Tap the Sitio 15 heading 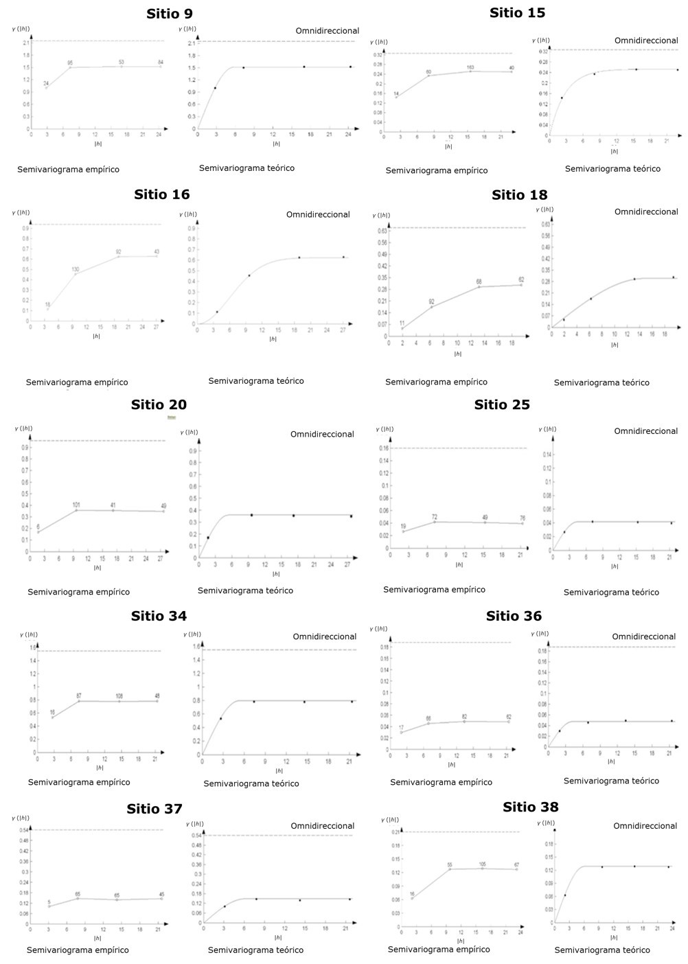click(x=517, y=12)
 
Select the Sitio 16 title click(x=162, y=194)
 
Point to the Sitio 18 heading click(x=519, y=195)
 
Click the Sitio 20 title click(x=159, y=404)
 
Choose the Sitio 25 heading click(x=502, y=404)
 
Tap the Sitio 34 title click(x=159, y=616)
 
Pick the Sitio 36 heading click(x=514, y=616)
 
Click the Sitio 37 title click(x=154, y=809)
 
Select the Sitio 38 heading click(x=530, y=807)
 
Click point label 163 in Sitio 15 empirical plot click(x=470, y=67)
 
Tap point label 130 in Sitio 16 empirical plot click(x=75, y=269)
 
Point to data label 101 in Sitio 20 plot click(x=76, y=505)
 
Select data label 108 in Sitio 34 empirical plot click(x=119, y=696)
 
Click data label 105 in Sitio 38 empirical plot click(x=482, y=864)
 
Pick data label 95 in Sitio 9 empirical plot click(x=70, y=63)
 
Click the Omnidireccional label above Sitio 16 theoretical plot click(x=318, y=215)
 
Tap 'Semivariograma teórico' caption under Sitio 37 click(x=255, y=950)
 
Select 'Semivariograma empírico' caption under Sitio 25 click(x=434, y=590)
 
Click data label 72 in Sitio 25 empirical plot click(x=435, y=517)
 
